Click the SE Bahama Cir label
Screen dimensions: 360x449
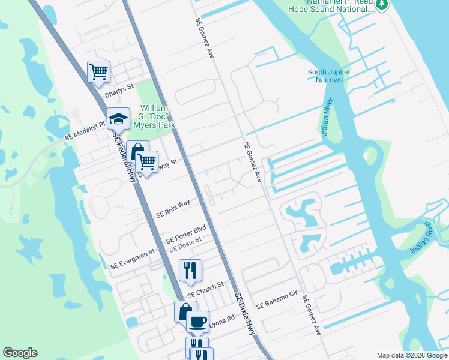click(x=277, y=304)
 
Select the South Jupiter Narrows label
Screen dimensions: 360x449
click(x=330, y=76)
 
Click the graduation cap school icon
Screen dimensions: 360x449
click(x=119, y=119)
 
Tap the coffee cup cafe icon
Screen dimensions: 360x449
click(x=197, y=322)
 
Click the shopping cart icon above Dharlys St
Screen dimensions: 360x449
click(x=98, y=72)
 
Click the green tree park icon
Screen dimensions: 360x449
click(x=382, y=5)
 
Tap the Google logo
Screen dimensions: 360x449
click(x=20, y=353)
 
